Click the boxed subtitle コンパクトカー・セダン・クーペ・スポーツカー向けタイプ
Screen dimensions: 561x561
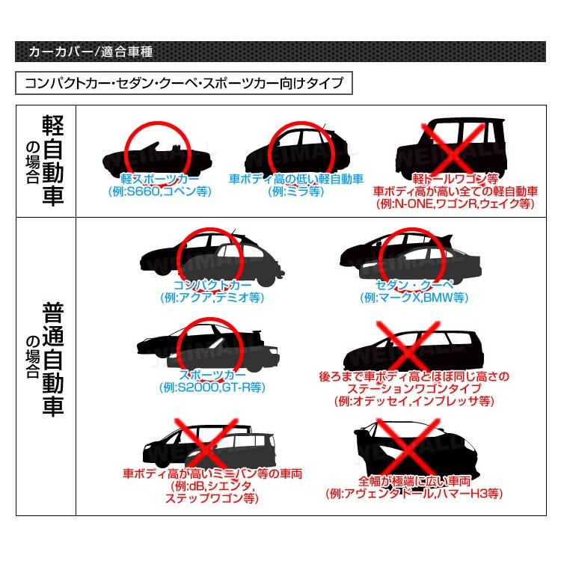click(183, 82)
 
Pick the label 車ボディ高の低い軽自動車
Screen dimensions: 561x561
click(295, 180)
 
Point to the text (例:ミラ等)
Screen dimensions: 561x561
click(295, 191)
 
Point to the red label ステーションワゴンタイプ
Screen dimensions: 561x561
click(413, 389)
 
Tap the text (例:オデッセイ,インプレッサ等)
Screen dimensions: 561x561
click(413, 401)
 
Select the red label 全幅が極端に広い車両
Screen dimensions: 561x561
click(414, 481)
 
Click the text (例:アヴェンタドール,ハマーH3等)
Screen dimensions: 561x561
click(414, 494)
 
